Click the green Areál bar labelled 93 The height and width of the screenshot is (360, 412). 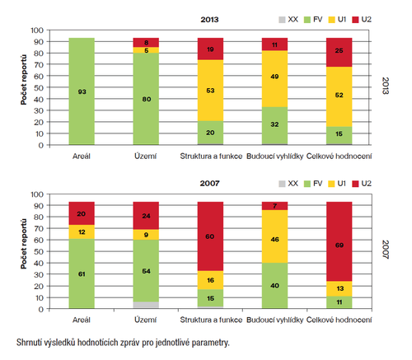click(82, 91)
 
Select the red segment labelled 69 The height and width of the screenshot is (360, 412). click(339, 241)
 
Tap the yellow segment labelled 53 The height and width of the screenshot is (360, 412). click(210, 91)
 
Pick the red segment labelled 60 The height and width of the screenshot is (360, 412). click(210, 236)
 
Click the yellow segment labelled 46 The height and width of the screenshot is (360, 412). click(274, 236)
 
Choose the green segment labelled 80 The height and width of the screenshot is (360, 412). click(146, 99)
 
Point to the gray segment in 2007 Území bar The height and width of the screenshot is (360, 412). click(146, 305)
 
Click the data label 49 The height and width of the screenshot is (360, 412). click(274, 77)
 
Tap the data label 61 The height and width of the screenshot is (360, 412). click(82, 274)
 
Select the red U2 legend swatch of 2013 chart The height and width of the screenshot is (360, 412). click(355, 20)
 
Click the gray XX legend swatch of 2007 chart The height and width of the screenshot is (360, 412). click(282, 184)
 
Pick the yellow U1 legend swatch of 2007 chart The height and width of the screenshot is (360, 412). click(332, 184)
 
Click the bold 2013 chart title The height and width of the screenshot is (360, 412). click(209, 20)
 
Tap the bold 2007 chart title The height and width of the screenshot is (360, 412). click(209, 184)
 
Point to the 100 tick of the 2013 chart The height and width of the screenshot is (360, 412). click(37, 30)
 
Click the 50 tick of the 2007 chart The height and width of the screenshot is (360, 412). click(39, 251)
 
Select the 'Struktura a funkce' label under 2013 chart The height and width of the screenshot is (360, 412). click(211, 157)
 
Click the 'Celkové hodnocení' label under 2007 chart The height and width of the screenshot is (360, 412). click(339, 320)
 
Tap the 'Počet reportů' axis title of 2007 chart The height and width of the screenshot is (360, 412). click(24, 244)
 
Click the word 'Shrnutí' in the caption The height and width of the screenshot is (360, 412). click(28, 343)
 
